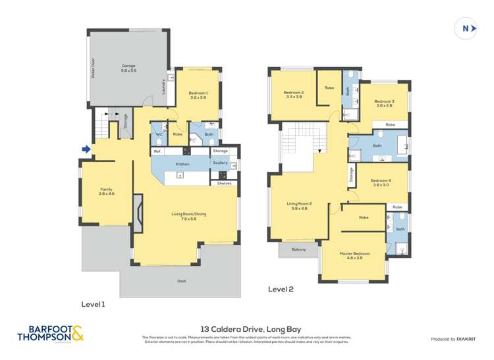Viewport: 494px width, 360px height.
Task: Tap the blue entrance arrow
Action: [86, 150]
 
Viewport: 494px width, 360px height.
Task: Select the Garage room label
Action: [128, 68]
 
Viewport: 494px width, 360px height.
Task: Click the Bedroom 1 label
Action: [198, 95]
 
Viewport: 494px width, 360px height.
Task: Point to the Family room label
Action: [106, 191]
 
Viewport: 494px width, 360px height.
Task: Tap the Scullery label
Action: [220, 163]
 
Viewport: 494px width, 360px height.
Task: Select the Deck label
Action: [182, 281]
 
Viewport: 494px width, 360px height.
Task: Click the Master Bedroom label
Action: [354, 255]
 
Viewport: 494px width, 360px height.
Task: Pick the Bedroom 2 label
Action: [293, 94]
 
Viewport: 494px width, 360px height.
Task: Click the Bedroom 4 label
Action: [380, 183]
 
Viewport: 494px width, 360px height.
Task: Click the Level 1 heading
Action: [93, 304]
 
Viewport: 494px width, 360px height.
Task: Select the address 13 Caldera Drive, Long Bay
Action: [247, 327]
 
